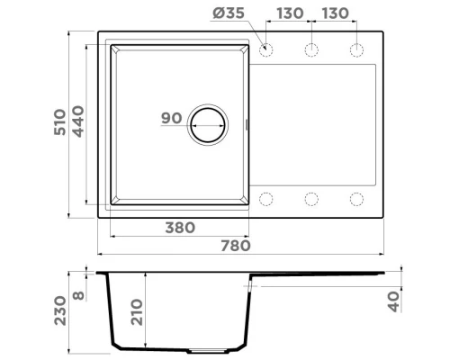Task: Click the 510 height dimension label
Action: click(59, 123)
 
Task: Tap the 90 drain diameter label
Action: click(172, 119)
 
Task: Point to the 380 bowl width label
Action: click(180, 228)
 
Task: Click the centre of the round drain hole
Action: click(207, 124)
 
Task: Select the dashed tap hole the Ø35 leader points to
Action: click(265, 49)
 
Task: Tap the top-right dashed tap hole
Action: click(356, 49)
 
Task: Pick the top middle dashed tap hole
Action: click(311, 49)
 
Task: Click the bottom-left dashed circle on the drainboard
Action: click(265, 198)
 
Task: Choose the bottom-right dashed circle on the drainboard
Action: click(356, 198)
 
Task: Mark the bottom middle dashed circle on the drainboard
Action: click(311, 198)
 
